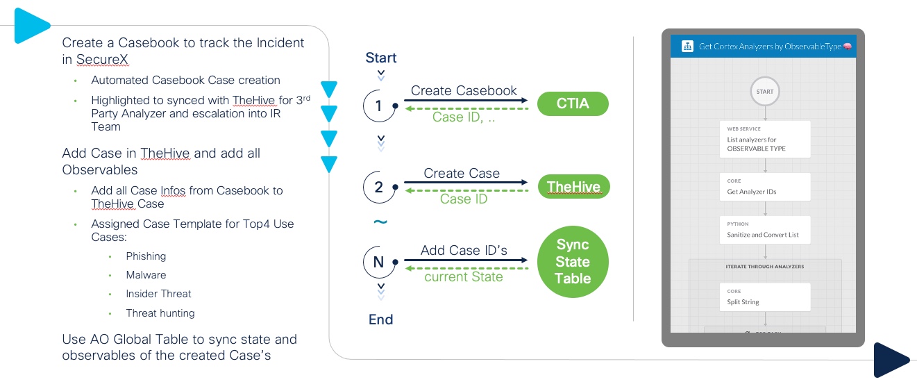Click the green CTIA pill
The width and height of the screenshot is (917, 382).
click(x=573, y=103)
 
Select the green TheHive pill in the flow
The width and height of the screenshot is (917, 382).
click(x=573, y=186)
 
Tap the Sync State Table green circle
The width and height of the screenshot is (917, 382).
click(x=573, y=262)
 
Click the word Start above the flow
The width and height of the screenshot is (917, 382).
click(x=381, y=58)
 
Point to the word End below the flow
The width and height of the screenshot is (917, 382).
click(x=381, y=319)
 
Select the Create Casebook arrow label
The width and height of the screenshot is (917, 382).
click(x=464, y=91)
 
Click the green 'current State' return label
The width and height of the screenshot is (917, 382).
click(x=464, y=276)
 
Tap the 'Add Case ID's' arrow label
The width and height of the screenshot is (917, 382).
click(x=464, y=250)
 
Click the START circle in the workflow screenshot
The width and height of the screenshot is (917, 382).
click(x=765, y=91)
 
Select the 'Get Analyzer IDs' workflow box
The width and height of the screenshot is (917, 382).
click(x=765, y=186)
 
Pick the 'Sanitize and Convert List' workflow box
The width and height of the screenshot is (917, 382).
click(x=765, y=229)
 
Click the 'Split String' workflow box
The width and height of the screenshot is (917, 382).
click(x=765, y=297)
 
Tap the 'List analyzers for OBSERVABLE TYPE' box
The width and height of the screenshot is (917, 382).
click(x=765, y=139)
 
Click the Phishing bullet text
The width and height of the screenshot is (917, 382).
click(x=146, y=256)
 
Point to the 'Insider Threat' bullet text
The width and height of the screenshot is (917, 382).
click(x=158, y=294)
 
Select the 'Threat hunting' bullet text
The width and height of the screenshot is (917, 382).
click(x=160, y=313)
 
